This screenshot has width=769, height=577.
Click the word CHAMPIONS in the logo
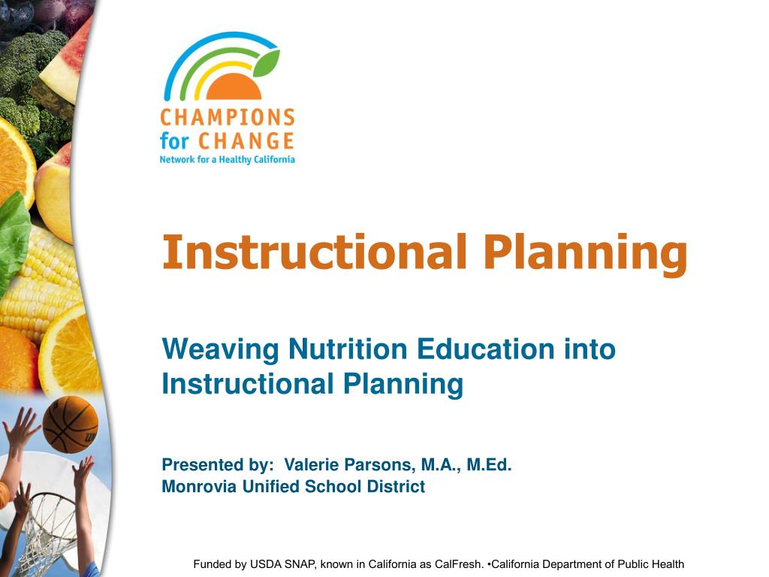[228, 118]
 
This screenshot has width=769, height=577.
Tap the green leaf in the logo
[267, 64]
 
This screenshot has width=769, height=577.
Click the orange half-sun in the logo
[234, 86]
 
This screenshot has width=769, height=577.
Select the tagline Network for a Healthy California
[227, 159]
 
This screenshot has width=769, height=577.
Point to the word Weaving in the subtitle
[220, 350]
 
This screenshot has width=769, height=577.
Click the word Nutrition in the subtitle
[348, 349]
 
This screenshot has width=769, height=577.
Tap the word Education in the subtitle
[486, 349]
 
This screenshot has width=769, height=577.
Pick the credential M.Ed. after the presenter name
[489, 464]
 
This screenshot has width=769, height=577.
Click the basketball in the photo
[70, 424]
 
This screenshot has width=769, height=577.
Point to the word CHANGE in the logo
[246, 141]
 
